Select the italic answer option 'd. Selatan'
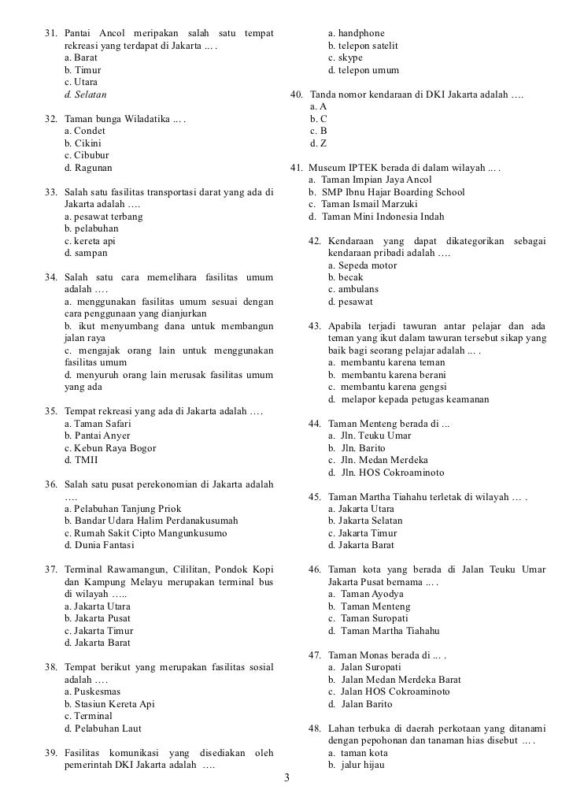(x=87, y=95)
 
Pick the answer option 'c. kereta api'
(x=90, y=241)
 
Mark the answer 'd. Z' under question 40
(x=319, y=143)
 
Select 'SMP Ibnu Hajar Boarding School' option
(x=386, y=192)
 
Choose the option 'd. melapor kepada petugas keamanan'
(x=408, y=399)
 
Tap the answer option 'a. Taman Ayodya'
(x=365, y=595)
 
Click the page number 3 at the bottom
(x=286, y=779)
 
